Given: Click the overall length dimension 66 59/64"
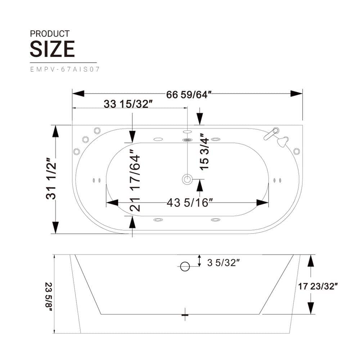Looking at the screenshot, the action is (189, 94).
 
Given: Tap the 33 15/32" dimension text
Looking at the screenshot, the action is (128, 104).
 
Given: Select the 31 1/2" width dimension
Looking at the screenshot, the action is (51, 179).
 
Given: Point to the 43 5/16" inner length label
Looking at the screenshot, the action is (190, 203).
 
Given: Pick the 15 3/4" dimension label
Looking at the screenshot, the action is (204, 152).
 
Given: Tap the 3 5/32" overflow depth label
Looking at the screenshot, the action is (223, 263).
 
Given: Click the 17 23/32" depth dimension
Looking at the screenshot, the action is (318, 286).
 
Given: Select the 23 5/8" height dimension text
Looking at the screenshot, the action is (49, 297).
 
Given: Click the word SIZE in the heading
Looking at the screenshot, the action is (52, 49).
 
